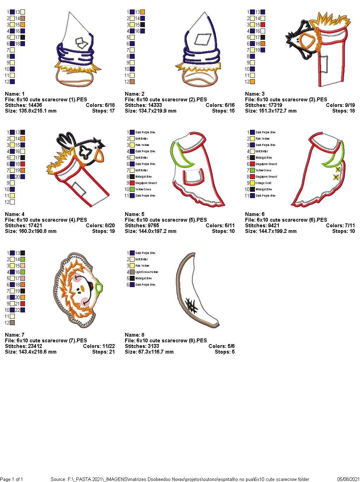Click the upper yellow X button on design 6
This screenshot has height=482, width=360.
338,170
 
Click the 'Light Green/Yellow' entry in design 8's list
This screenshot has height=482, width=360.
147,272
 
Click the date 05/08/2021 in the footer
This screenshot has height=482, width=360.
348,479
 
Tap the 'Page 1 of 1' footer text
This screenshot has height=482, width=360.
12,479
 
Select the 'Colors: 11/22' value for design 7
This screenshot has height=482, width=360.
99,346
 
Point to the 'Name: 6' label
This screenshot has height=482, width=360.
255,214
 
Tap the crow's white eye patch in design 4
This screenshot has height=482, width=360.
85,151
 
